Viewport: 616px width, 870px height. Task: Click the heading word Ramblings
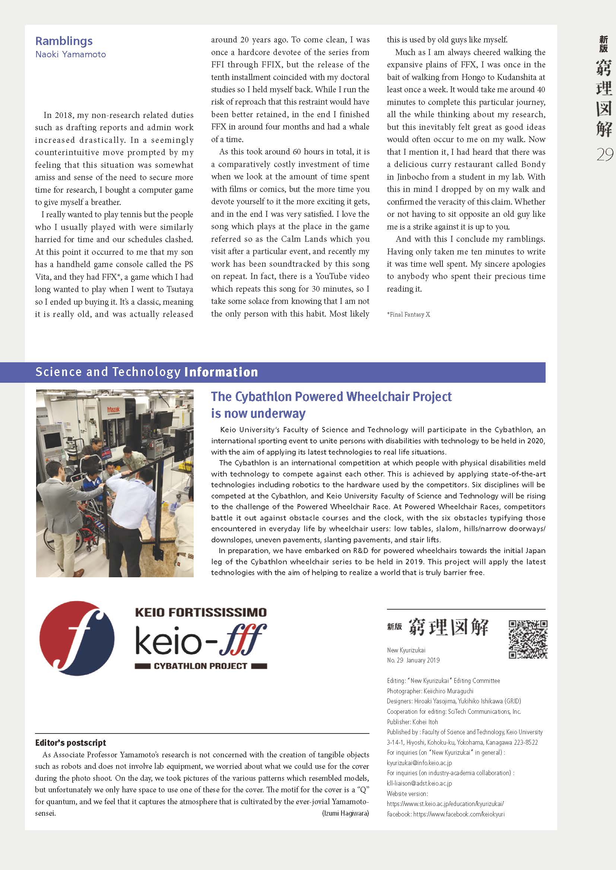point(64,41)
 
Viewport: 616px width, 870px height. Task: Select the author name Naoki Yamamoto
point(70,55)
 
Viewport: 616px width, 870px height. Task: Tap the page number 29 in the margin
point(604,155)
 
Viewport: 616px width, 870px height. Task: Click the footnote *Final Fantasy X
point(408,315)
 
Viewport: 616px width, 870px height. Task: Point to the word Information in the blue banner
point(221,372)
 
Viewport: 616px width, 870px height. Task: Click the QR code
point(528,639)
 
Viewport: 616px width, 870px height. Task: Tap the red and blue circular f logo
point(77,639)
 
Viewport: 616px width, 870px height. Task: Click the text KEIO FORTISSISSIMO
point(201,612)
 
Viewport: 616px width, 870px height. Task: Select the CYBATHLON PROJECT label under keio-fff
point(200,666)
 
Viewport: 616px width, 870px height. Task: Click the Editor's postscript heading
point(70,743)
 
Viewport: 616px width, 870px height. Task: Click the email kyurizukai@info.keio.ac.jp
point(419,763)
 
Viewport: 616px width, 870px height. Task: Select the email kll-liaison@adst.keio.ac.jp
point(419,783)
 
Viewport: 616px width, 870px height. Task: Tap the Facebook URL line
point(446,814)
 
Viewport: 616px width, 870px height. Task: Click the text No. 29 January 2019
point(413,660)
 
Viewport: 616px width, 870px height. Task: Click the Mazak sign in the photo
point(114,410)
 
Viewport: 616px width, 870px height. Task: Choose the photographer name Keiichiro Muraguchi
point(448,691)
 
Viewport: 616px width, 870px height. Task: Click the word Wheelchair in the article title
point(377,397)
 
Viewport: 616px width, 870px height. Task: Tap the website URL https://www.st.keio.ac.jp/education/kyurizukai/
point(445,804)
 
